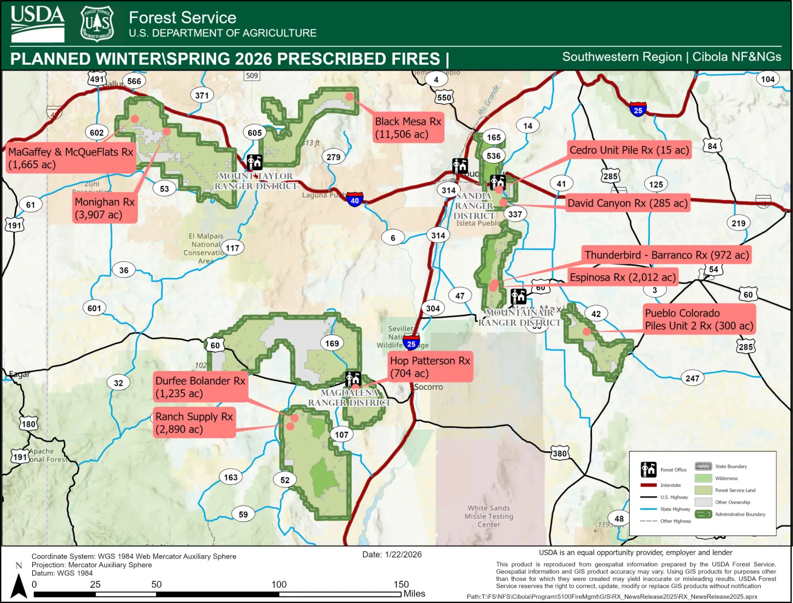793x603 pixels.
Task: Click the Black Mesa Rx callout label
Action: point(408,128)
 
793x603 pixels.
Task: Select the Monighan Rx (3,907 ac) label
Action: point(105,208)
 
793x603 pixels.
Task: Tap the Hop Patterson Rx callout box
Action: point(430,367)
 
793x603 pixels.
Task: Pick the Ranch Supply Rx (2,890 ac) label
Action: point(194,423)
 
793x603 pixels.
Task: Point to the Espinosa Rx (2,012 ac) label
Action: point(622,277)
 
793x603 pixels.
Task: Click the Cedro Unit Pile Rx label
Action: point(629,150)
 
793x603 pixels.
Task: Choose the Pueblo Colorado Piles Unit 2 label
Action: point(699,319)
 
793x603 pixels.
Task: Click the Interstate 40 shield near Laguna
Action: point(354,200)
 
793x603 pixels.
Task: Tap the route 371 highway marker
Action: point(202,96)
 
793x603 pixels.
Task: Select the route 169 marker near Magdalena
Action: point(332,343)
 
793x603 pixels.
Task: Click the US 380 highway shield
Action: point(559,453)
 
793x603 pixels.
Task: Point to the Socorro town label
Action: point(428,387)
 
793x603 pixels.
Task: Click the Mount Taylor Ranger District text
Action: point(256,181)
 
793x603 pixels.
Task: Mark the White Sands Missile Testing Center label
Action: point(488,516)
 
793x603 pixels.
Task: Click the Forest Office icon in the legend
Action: point(649,469)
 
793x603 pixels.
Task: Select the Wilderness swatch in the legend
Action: point(703,479)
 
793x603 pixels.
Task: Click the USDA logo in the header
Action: point(37,23)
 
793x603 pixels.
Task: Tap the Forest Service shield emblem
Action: point(97,23)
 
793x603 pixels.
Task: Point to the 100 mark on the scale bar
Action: point(279,584)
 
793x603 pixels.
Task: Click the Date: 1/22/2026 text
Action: point(392,555)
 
